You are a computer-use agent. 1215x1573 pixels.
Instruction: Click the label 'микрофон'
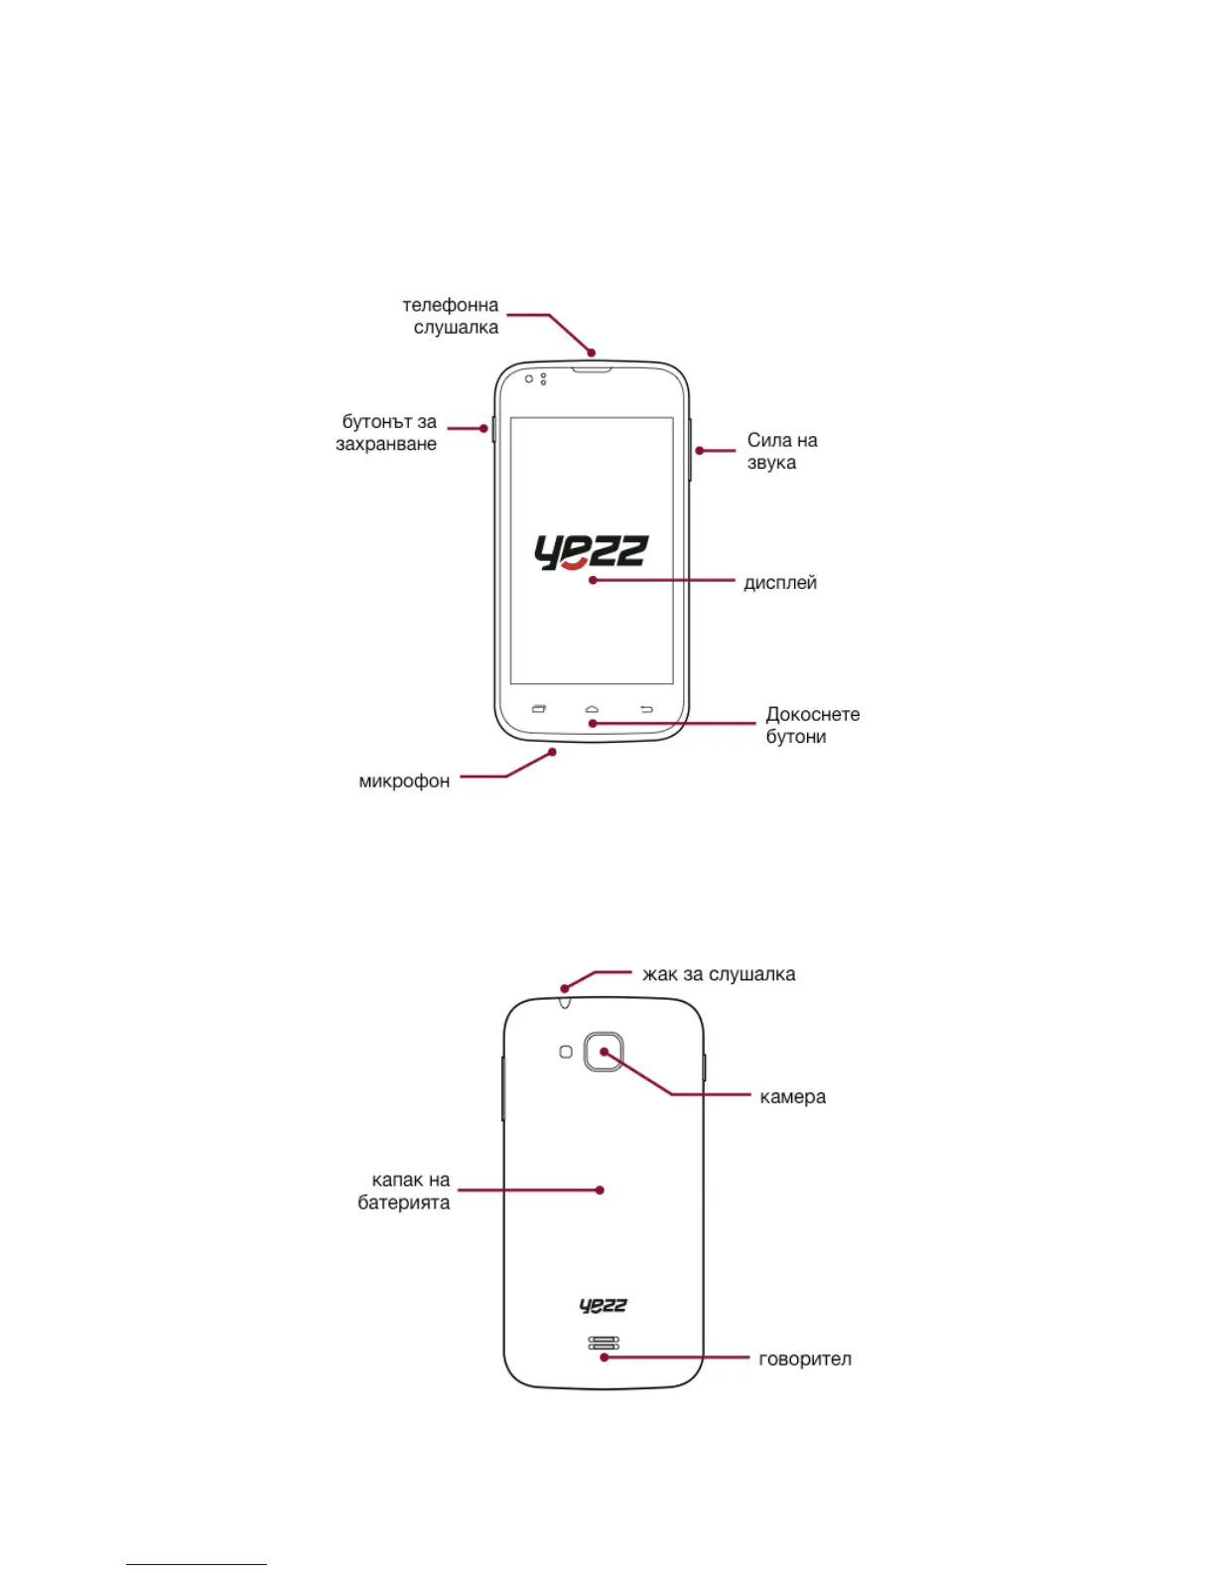click(x=404, y=782)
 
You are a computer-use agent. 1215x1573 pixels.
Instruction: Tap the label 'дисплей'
click(x=780, y=583)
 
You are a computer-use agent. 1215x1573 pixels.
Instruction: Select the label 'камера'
click(x=792, y=1097)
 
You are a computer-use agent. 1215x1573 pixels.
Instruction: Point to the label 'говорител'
click(x=805, y=1359)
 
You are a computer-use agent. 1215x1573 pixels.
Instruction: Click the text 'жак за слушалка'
click(x=719, y=974)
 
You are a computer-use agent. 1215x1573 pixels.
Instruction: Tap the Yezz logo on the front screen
click(x=591, y=553)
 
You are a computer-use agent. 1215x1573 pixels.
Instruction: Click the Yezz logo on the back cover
click(x=604, y=1306)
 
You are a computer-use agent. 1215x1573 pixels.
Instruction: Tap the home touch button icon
click(x=592, y=709)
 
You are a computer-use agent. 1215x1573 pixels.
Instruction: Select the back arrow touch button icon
click(x=646, y=709)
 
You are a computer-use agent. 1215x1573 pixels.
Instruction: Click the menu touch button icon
click(x=539, y=709)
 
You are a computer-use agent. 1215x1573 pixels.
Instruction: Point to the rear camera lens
click(x=604, y=1052)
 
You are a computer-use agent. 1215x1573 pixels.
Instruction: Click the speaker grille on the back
click(x=604, y=1344)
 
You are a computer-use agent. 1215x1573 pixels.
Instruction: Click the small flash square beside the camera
click(x=566, y=1052)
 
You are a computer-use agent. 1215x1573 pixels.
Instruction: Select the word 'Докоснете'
click(x=813, y=715)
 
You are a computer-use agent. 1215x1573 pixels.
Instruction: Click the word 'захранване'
click(x=386, y=444)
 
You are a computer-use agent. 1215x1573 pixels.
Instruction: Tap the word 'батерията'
click(x=404, y=1203)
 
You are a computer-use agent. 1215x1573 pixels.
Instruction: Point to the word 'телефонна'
click(x=450, y=306)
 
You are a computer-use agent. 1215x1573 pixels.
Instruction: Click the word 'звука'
click(x=771, y=463)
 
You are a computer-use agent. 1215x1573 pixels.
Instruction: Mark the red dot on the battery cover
click(x=600, y=1190)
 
